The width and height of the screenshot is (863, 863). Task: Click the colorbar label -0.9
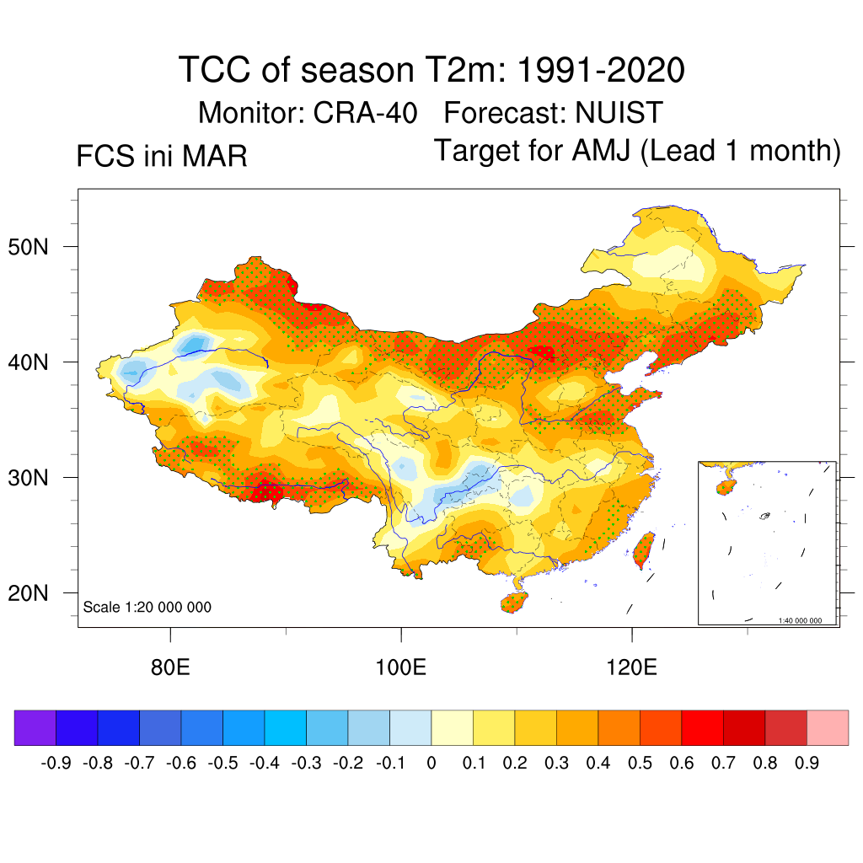[56, 764]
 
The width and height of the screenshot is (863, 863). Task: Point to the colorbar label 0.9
[807, 764]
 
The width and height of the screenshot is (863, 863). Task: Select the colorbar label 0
[431, 764]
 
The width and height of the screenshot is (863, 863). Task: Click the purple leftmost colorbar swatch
[35, 727]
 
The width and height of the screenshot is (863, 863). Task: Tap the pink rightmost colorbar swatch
[828, 727]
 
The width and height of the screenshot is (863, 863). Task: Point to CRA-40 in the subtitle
[367, 112]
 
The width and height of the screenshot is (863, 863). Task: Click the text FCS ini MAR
[162, 157]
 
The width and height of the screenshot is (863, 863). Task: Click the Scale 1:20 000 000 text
[147, 608]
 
